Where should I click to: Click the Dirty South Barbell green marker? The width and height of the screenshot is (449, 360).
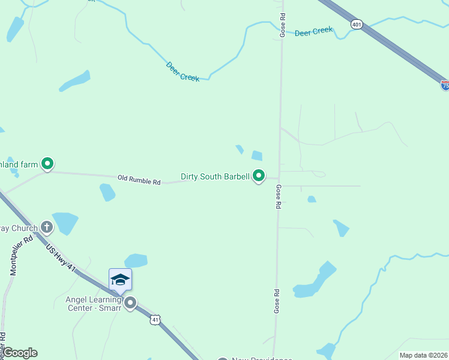[x=259, y=176]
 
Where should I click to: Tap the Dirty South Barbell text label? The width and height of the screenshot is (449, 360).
[x=215, y=177]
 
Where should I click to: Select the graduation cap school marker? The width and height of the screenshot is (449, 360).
[x=120, y=280]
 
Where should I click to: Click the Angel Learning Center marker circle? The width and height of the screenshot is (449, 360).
[x=130, y=302]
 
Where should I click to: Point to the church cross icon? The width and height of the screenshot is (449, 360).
[x=47, y=227]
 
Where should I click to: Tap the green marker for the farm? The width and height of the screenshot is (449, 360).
[x=47, y=163]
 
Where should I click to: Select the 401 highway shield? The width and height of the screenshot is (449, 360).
[x=357, y=24]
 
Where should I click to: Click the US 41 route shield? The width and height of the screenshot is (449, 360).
[x=155, y=320]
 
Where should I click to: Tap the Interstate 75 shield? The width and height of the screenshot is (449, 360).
[x=445, y=86]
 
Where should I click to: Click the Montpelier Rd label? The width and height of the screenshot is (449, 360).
[x=16, y=255]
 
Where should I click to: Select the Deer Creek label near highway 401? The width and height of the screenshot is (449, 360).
[x=313, y=31]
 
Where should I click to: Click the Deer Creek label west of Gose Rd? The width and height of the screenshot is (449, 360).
[x=182, y=71]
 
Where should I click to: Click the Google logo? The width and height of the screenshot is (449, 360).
[x=20, y=353]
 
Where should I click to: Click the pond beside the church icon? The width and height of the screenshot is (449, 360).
[x=65, y=223]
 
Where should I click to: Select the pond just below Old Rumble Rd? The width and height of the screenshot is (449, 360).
[x=107, y=192]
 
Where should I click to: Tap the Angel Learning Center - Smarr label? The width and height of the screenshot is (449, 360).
[x=94, y=303]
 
